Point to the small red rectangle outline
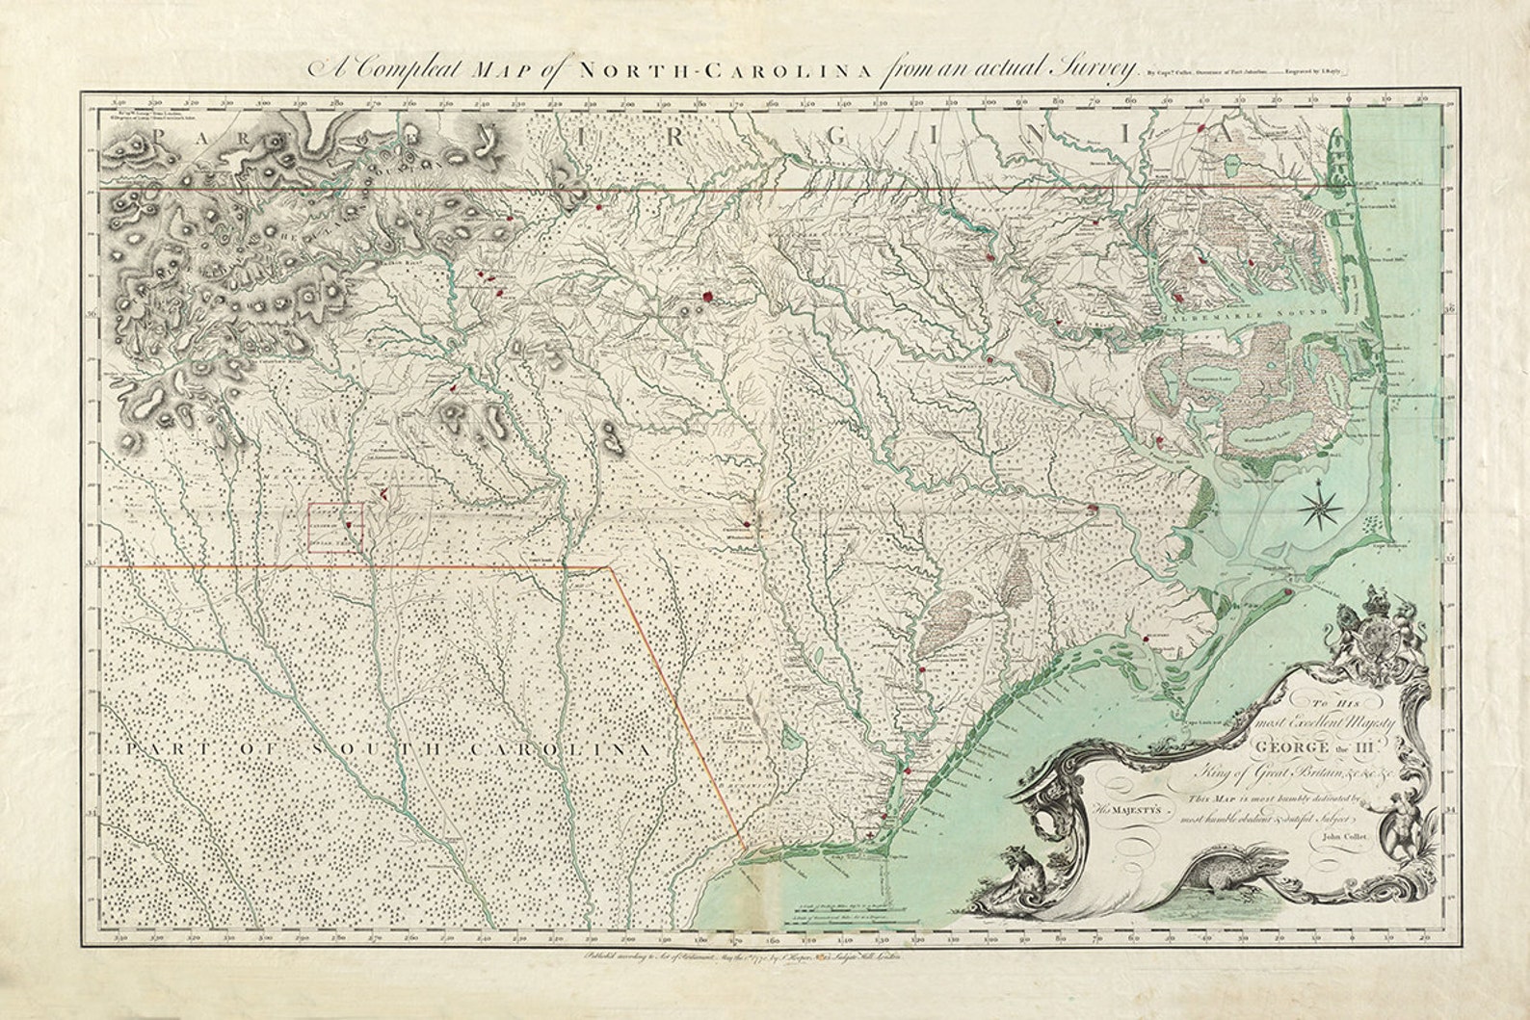click(x=335, y=530)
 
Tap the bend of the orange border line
click(x=610, y=568)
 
